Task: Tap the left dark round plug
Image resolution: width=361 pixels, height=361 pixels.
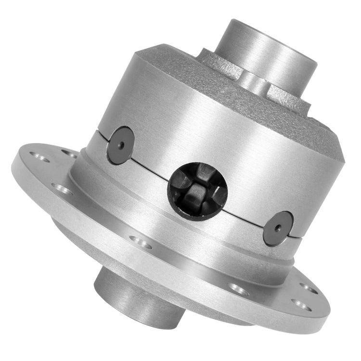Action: coord(121,145)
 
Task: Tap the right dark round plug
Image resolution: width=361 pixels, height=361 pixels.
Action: coord(278,229)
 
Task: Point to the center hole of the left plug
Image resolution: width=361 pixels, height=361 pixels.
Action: coord(121,145)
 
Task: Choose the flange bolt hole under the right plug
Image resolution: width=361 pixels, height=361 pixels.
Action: coord(239,289)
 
